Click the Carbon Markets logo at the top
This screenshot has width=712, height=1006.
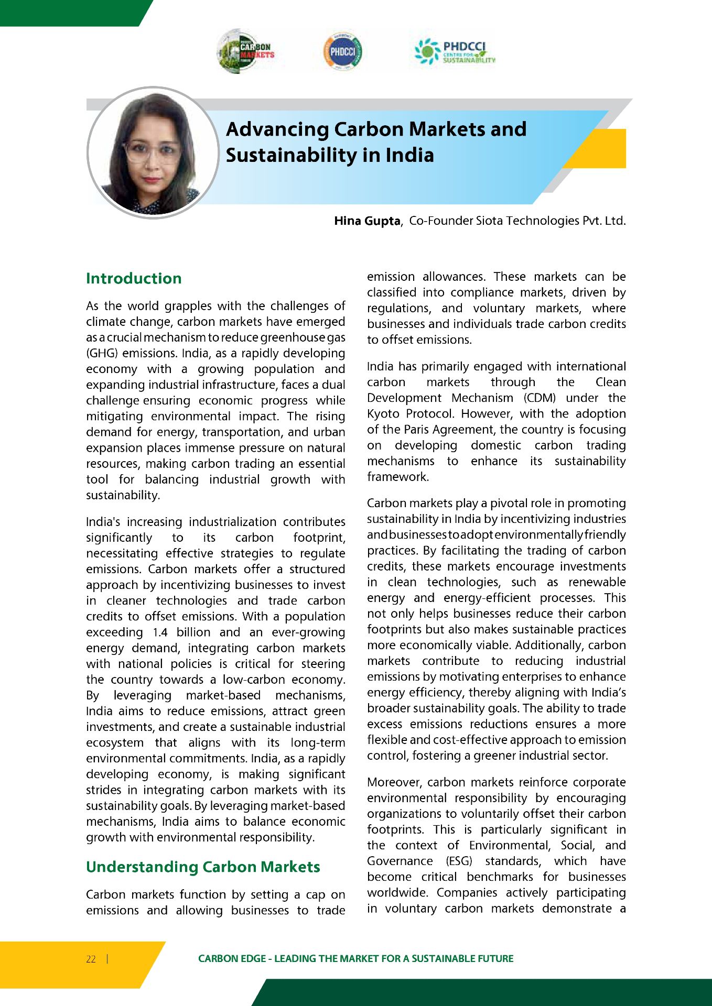click(x=245, y=51)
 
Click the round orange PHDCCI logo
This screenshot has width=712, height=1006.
click(x=342, y=51)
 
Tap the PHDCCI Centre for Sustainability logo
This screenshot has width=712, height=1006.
click(x=455, y=51)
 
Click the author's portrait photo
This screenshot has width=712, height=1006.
click(x=153, y=152)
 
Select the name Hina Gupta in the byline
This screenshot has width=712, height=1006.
click(x=367, y=221)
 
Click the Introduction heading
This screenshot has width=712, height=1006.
click(x=134, y=278)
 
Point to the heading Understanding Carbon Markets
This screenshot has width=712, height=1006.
click(x=203, y=867)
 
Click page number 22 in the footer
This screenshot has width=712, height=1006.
click(x=91, y=959)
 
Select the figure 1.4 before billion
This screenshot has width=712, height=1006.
click(x=160, y=632)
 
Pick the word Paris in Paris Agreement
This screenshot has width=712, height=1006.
click(x=417, y=430)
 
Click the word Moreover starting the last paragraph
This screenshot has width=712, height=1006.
click(x=394, y=782)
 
